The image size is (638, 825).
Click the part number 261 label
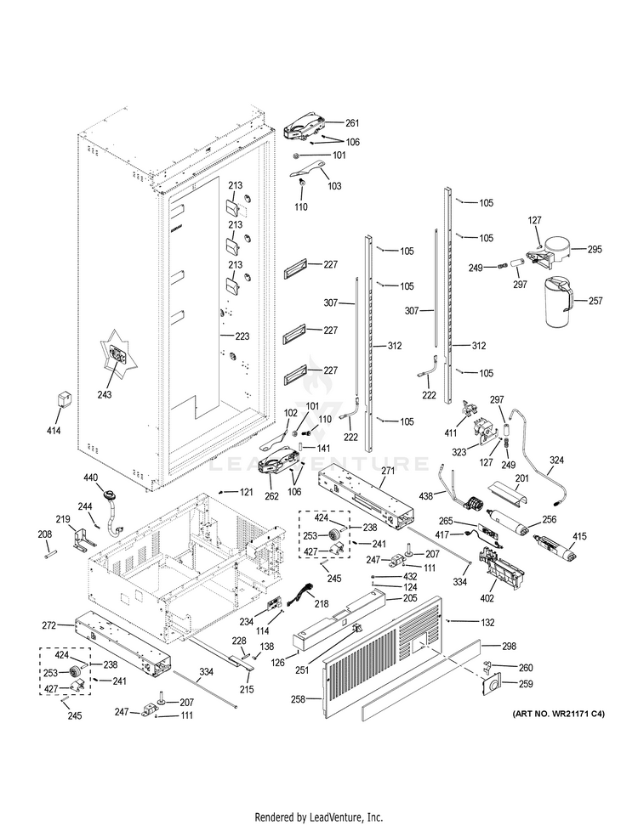click(352, 124)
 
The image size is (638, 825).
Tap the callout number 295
click(594, 250)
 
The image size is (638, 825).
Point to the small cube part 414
click(61, 398)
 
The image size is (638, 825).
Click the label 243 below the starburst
click(128, 394)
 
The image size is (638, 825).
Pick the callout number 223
click(242, 336)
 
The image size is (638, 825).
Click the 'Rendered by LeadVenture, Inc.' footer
click(318, 817)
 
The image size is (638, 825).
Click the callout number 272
click(48, 625)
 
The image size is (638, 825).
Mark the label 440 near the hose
click(93, 479)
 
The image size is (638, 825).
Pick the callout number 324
click(556, 461)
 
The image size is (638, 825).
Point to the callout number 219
click(62, 519)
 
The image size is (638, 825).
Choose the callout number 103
click(334, 185)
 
